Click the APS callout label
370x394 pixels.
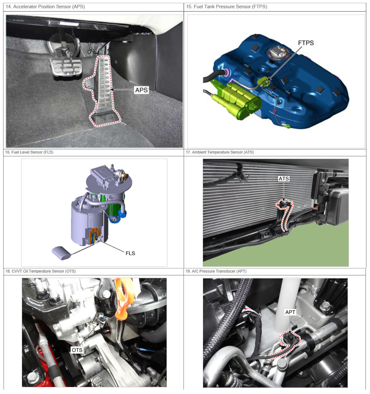click(141, 90)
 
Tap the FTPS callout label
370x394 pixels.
click(306, 43)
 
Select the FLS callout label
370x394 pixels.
click(130, 253)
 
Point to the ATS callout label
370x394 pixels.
click(284, 179)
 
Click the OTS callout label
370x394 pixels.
click(77, 350)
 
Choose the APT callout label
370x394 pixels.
click(290, 312)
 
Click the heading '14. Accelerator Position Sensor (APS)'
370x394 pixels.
click(45, 7)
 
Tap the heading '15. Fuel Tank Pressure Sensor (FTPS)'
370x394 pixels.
click(227, 7)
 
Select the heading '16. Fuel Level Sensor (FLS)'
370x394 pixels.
click(29, 152)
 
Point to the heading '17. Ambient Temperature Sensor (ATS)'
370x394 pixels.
click(220, 152)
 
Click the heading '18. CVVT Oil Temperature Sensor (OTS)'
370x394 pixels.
click(41, 271)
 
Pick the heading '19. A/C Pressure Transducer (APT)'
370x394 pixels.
click(216, 271)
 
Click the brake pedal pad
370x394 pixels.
click(66, 67)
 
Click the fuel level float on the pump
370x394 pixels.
click(61, 253)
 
